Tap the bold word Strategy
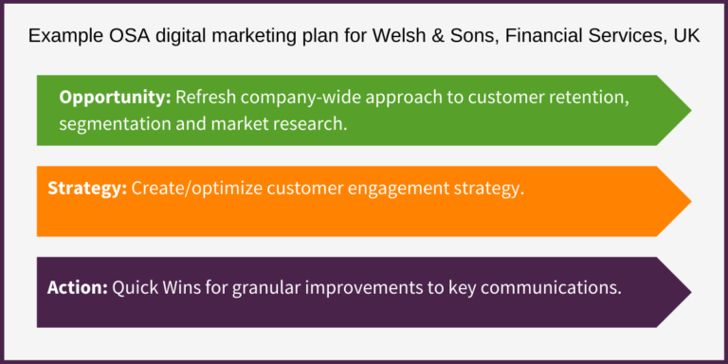(x=87, y=189)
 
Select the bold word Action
(x=77, y=287)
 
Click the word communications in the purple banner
(x=558, y=287)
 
